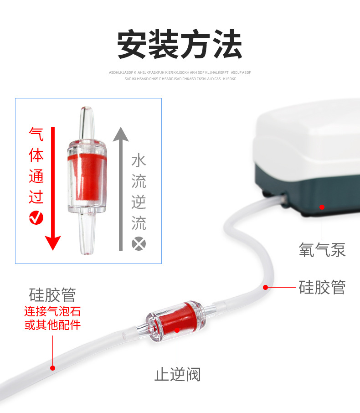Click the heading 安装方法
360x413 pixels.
click(180, 44)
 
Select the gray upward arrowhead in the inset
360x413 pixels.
click(121, 134)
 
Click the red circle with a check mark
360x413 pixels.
click(36, 218)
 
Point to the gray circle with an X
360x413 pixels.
click(139, 243)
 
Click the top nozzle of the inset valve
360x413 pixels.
click(87, 121)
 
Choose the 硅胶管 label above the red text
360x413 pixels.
click(52, 294)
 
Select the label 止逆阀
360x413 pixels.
click(178, 375)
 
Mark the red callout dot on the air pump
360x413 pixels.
click(322, 207)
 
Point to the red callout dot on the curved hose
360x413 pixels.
click(265, 288)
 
